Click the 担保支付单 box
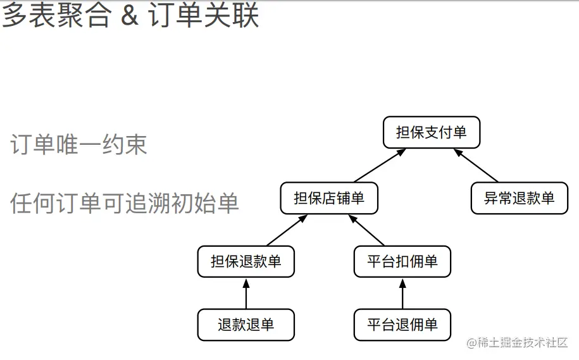point(432,133)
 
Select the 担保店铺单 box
point(330,198)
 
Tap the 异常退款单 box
point(520,198)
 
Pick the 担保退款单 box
point(246,261)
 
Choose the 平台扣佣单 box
point(402,261)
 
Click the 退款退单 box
point(246,325)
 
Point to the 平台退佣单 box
point(402,325)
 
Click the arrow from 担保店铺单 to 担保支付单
point(379,166)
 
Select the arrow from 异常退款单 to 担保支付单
point(476,166)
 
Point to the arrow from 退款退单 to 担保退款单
point(246,294)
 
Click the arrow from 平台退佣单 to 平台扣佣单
point(402,294)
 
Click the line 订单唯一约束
point(79,145)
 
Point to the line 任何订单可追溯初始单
point(125,203)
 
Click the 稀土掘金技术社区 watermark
point(522,343)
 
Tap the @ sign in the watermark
point(471,343)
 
